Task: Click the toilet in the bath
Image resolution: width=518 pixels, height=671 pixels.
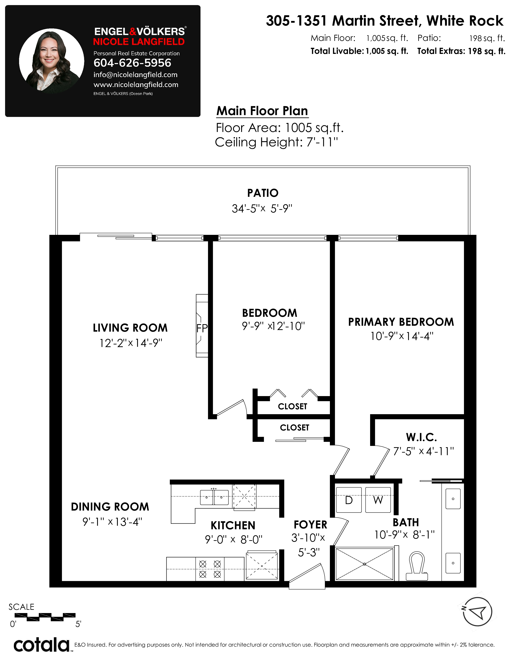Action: [417, 566]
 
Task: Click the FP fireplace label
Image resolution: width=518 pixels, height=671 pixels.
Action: [202, 328]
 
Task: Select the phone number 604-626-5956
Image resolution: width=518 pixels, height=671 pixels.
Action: [132, 63]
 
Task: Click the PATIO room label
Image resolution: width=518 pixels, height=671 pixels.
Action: [263, 193]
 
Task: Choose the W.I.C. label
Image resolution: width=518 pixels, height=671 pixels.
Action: [421, 437]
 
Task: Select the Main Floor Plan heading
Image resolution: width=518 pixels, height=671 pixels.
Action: [262, 111]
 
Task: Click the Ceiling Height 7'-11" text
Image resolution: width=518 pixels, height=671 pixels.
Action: [276, 142]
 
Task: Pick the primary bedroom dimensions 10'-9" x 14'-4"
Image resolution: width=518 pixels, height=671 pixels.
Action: [402, 336]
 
